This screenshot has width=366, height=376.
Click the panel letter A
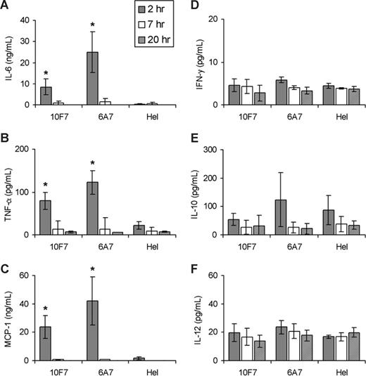tap(5, 8)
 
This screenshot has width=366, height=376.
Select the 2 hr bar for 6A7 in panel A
tap(91, 78)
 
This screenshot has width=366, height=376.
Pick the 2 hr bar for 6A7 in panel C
tap(91, 331)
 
